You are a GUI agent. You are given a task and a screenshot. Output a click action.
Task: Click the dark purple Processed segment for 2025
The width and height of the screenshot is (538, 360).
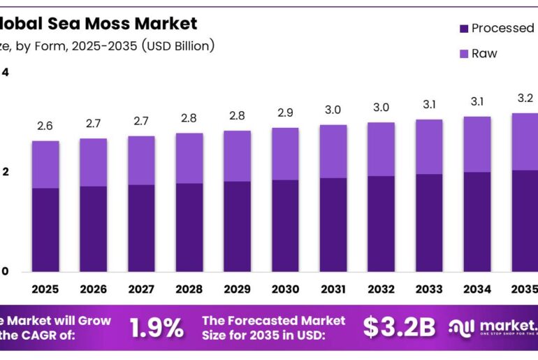pyautogui.click(x=45, y=229)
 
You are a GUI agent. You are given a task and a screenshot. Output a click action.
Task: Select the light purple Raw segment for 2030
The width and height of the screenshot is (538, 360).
pyautogui.click(x=285, y=154)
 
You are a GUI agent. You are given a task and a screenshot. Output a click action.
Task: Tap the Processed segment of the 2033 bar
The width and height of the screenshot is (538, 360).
pyautogui.click(x=429, y=222)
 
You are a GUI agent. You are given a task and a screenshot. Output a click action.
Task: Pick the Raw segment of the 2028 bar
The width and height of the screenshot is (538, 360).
pyautogui.click(x=189, y=158)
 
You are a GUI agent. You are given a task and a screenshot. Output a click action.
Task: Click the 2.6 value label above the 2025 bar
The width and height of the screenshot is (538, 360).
pyautogui.click(x=45, y=126)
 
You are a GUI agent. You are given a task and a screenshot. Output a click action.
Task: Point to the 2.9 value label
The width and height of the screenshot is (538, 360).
pyautogui.click(x=285, y=113)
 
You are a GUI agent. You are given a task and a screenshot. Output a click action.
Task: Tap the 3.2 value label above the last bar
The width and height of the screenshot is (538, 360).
pyautogui.click(x=525, y=97)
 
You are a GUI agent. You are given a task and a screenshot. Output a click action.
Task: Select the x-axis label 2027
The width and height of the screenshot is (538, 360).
pyautogui.click(x=141, y=289)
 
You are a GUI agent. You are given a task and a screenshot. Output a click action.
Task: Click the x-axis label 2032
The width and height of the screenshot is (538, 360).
pyautogui.click(x=381, y=289)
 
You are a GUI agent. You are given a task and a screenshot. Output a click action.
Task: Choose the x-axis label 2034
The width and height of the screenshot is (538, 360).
pyautogui.click(x=477, y=289)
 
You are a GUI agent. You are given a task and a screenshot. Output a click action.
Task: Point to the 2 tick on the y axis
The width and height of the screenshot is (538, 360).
pyautogui.click(x=5, y=172)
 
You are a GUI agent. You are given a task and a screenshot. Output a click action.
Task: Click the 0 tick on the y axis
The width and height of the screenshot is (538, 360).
pyautogui.click(x=5, y=272)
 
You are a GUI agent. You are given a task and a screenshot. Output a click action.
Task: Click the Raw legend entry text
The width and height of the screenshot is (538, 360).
pyautogui.click(x=484, y=53)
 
